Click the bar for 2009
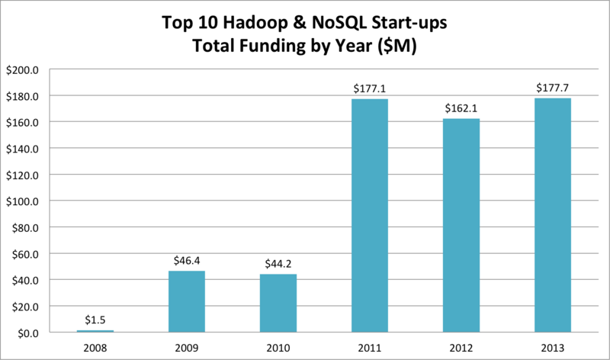tap(187, 301)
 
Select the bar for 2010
tap(278, 303)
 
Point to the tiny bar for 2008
tap(95, 331)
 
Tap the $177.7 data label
tap(552, 88)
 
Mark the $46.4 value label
tap(187, 261)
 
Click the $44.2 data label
tap(278, 264)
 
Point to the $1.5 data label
tap(95, 320)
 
